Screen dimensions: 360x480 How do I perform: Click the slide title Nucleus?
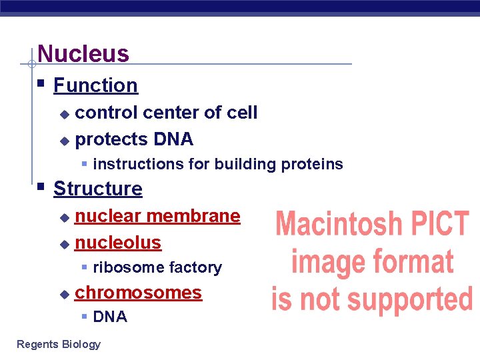(x=83, y=53)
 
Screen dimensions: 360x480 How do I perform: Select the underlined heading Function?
(x=95, y=85)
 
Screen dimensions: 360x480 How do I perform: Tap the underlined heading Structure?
(x=98, y=189)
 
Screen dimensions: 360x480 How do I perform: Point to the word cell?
(x=242, y=113)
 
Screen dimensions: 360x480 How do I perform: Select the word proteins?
(x=312, y=164)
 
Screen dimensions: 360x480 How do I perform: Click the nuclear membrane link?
(x=157, y=216)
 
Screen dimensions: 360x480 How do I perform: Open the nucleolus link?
(x=118, y=243)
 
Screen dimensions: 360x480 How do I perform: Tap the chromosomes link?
(x=139, y=293)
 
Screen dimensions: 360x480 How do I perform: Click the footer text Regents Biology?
(x=59, y=344)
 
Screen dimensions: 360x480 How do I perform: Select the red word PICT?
(x=439, y=224)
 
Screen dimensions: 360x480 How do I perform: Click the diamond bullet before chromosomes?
(x=64, y=293)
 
